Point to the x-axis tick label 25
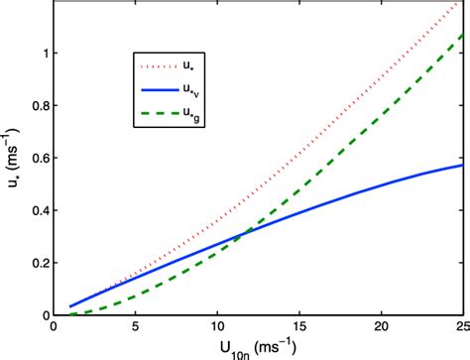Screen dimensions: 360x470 tap(460, 326)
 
